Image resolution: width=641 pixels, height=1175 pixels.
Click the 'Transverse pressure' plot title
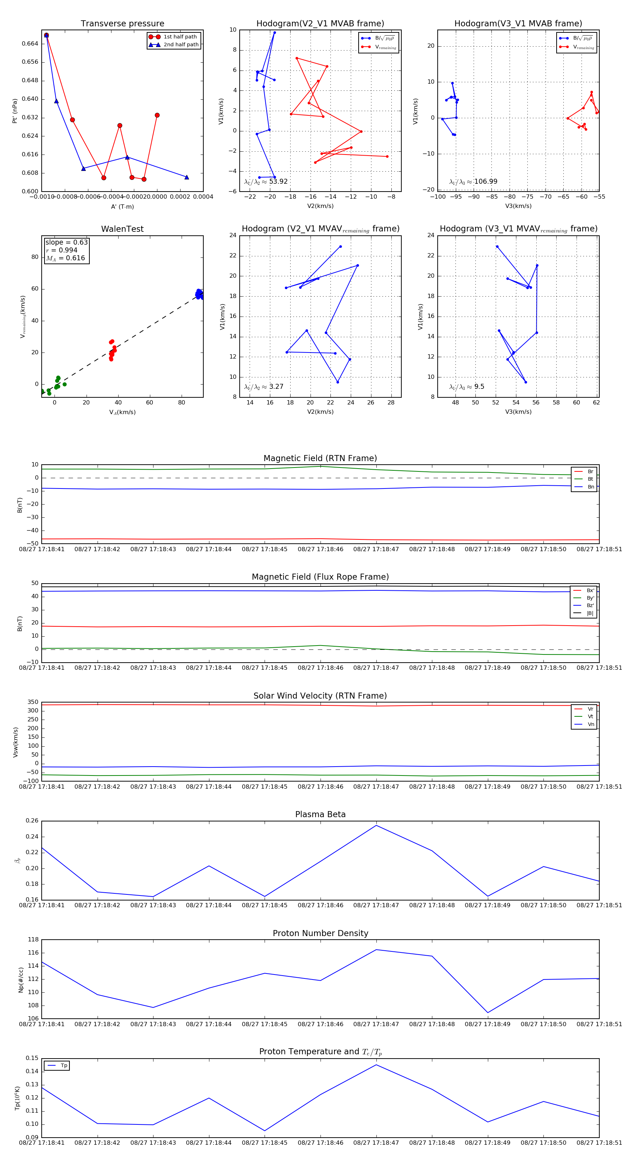(122, 24)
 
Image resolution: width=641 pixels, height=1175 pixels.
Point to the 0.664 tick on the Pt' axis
(30, 44)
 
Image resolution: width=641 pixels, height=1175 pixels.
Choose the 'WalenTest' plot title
(122, 229)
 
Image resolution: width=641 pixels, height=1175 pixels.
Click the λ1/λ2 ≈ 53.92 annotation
(266, 182)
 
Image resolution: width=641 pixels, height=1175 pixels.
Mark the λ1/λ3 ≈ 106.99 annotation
(473, 182)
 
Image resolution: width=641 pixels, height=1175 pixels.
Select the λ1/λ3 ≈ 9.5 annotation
(467, 387)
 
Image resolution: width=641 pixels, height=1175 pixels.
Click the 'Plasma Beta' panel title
(320, 815)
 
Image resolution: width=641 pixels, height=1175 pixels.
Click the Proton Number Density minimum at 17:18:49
(488, 1013)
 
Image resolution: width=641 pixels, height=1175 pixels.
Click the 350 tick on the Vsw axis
(33, 703)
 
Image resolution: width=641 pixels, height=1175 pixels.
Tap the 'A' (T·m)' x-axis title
(122, 207)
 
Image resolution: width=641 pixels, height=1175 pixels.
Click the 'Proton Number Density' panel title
(320, 933)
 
